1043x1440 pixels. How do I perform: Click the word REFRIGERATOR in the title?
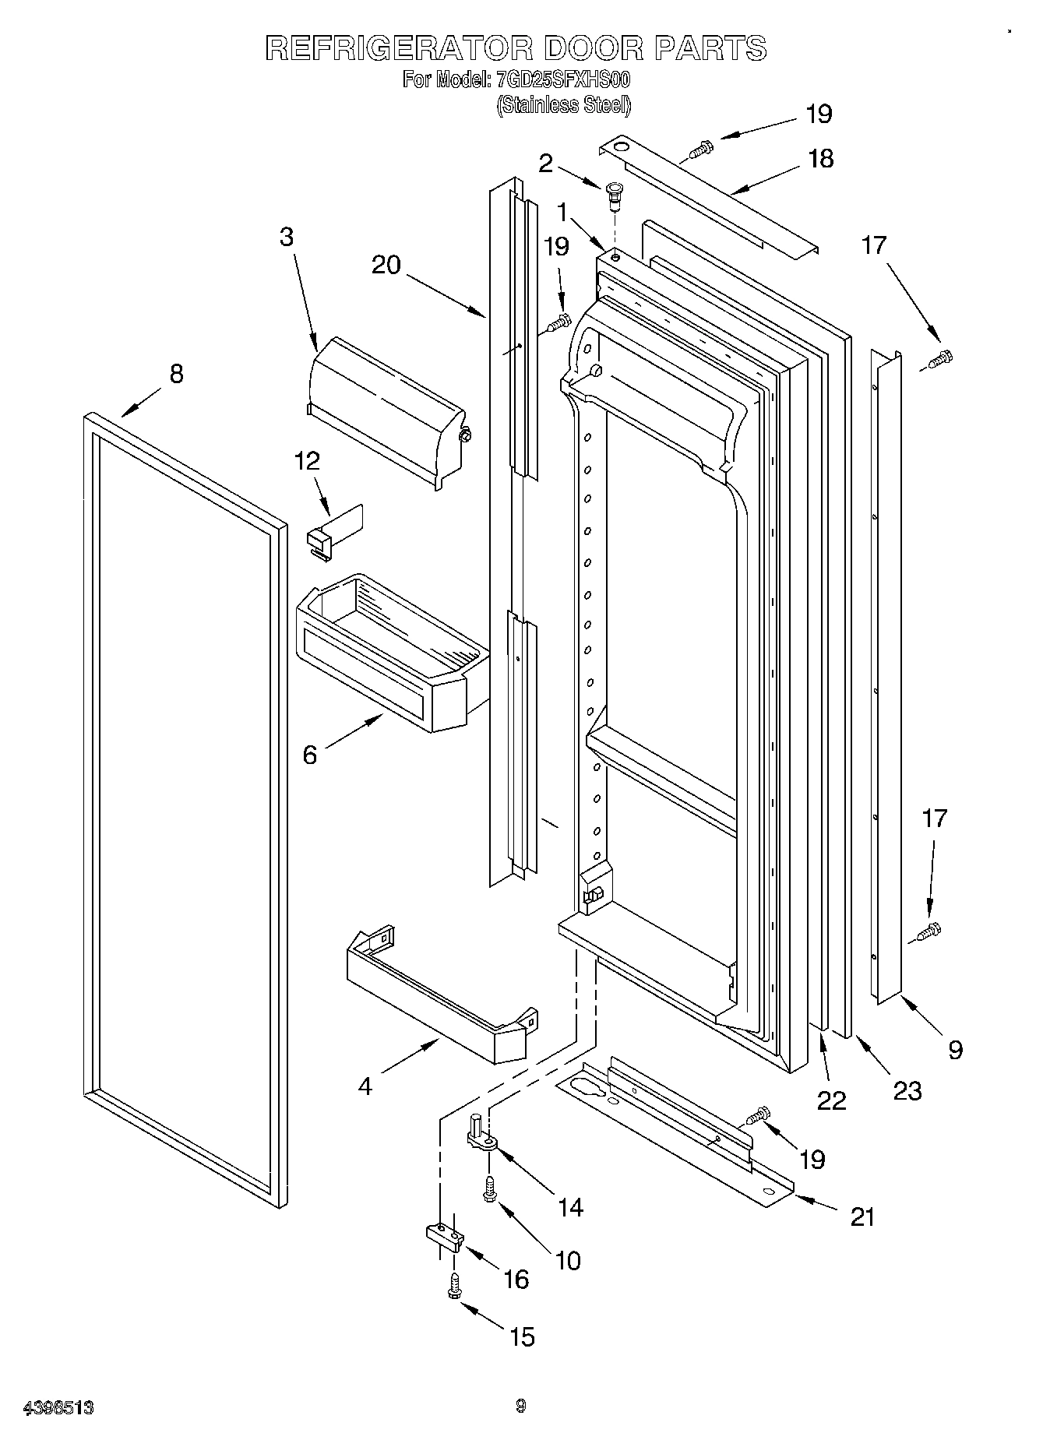coord(399,48)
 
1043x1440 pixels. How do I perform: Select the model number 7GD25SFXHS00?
coord(562,80)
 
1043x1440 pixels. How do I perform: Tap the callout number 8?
coord(176,375)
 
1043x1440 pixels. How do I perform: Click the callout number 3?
coord(286,237)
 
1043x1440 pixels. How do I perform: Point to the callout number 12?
coord(307,461)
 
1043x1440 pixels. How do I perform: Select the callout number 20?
coord(386,266)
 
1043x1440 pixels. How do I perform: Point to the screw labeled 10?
coord(489,1188)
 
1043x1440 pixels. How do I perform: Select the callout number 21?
coord(862,1216)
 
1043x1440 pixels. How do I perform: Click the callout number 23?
coord(907,1090)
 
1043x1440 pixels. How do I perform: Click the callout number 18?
coord(820,159)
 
